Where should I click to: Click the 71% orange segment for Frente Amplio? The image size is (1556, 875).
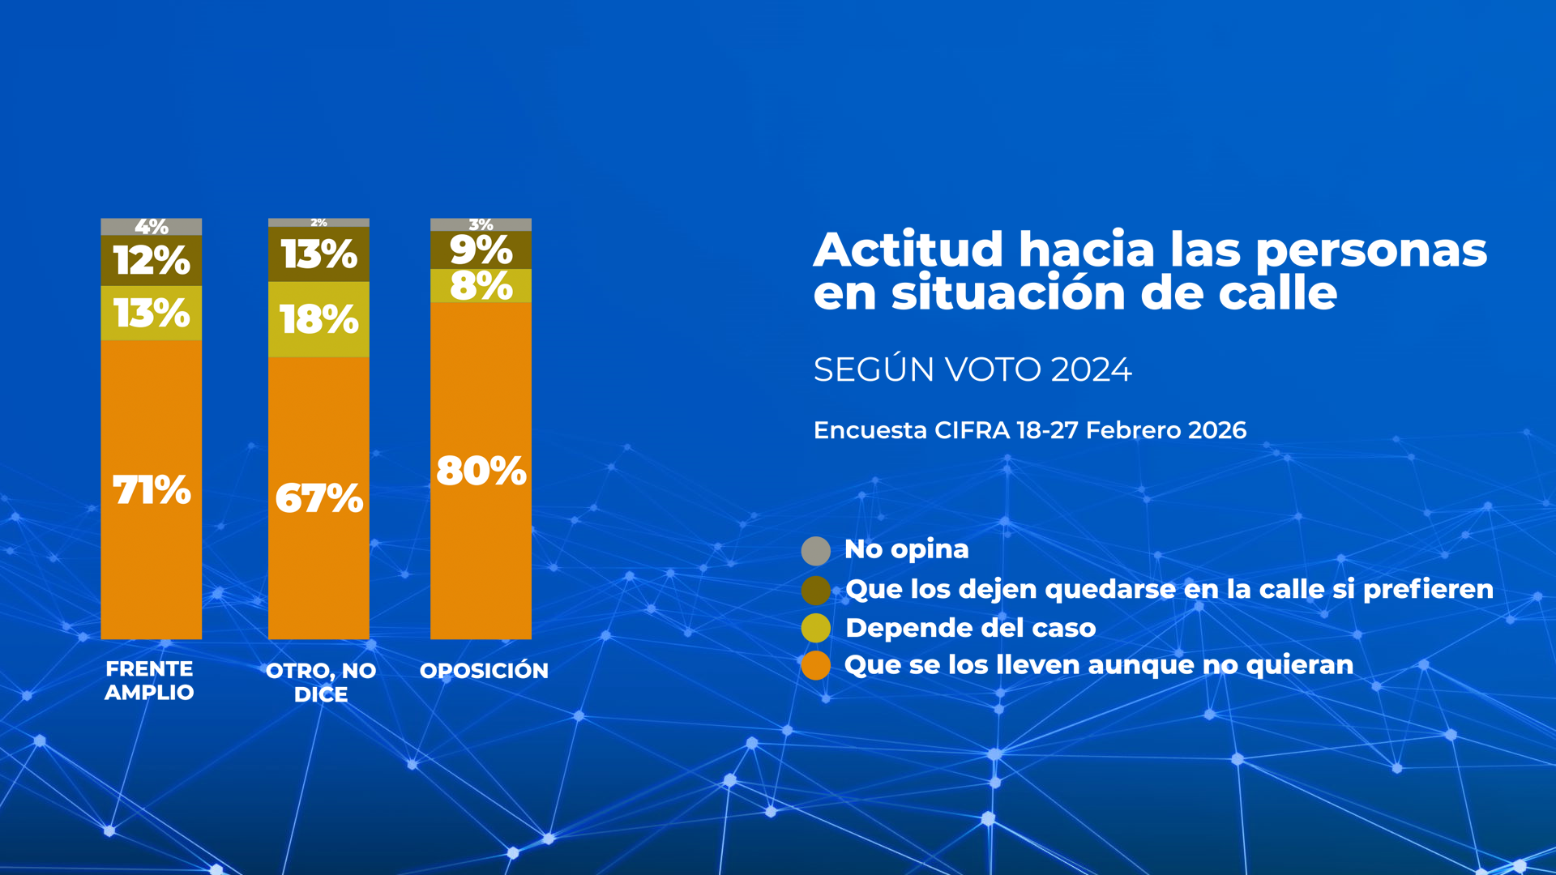(151, 489)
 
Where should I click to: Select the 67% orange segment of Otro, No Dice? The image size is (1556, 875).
(318, 497)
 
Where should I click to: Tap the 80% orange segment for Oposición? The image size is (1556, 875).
(481, 470)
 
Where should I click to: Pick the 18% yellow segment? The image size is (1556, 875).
(318, 319)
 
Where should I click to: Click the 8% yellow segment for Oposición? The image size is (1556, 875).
(481, 286)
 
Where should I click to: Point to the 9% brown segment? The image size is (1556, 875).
(481, 250)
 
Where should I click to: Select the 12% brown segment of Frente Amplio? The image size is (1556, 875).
(151, 260)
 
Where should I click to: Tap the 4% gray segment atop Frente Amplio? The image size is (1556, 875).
(151, 227)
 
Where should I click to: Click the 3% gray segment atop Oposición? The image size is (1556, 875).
(481, 224)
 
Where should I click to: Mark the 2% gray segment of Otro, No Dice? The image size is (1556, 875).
(318, 222)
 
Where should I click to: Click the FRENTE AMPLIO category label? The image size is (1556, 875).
(149, 681)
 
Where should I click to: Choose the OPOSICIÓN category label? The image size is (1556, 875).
(484, 671)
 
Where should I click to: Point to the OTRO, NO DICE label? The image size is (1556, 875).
(321, 682)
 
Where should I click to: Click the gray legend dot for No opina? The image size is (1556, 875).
(815, 551)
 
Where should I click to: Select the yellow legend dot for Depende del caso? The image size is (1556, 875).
(815, 628)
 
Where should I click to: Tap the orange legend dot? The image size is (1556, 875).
(815, 666)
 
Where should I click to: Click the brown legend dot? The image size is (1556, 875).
(815, 590)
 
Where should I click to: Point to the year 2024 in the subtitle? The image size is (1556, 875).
(1091, 369)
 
